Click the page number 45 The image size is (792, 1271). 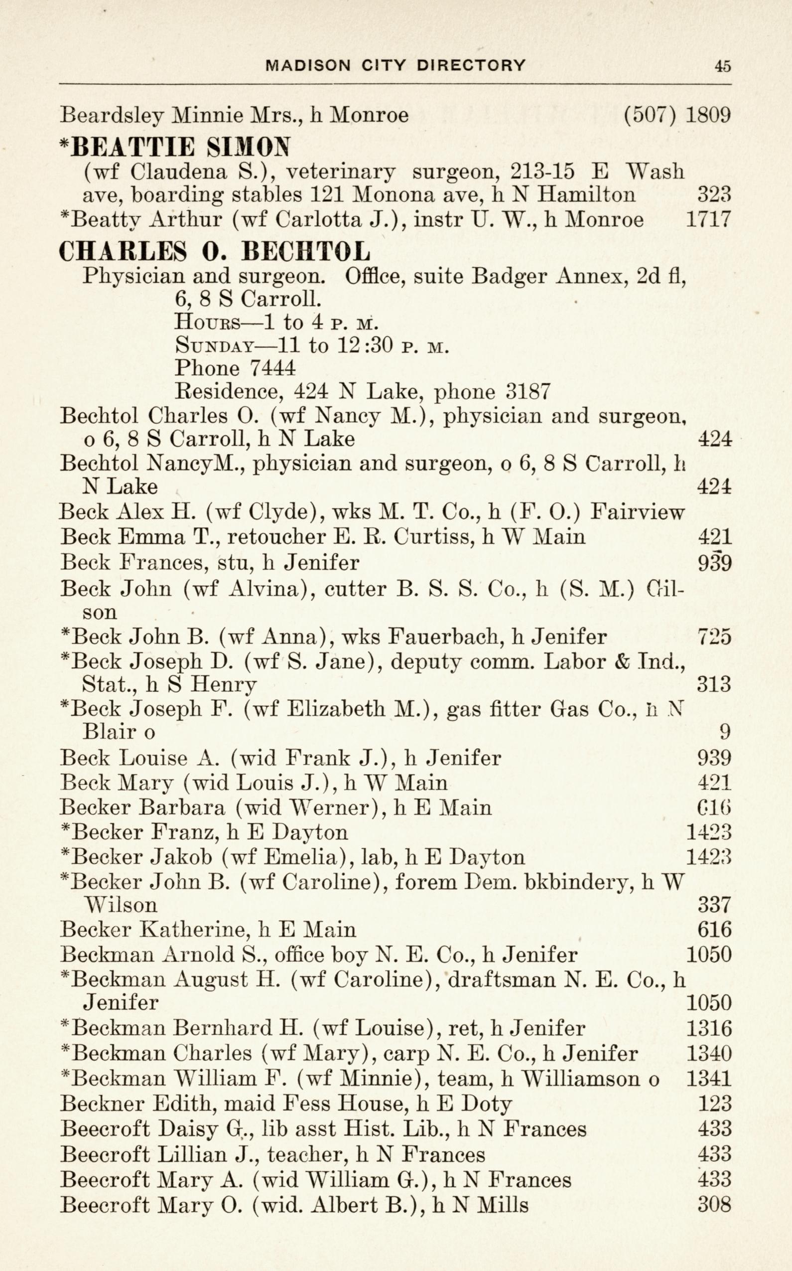[722, 65]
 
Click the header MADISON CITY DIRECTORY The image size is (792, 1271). [396, 65]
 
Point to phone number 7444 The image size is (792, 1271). [272, 368]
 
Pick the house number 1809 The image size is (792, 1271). [708, 115]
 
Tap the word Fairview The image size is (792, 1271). [637, 512]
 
